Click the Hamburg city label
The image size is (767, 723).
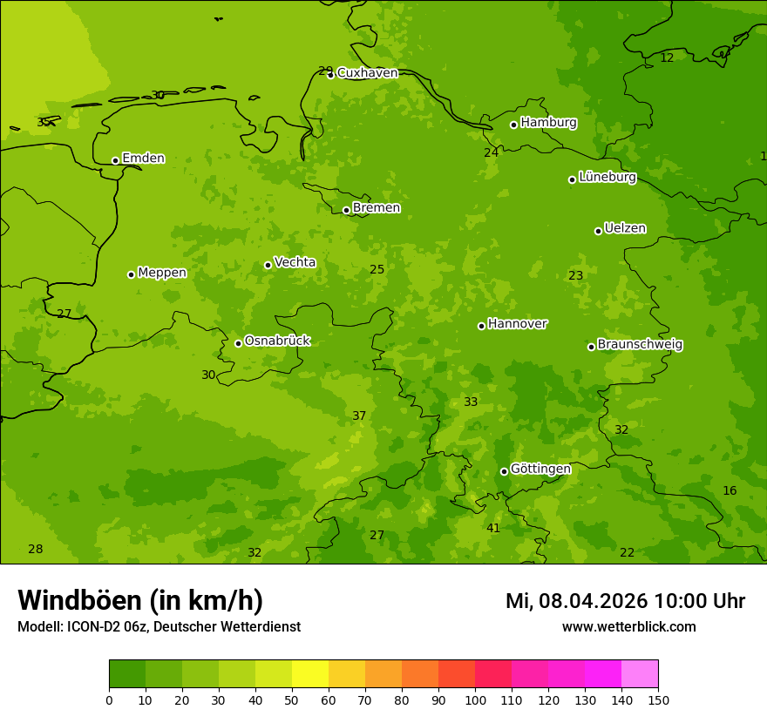tap(548, 123)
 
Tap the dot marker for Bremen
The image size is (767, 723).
tap(346, 210)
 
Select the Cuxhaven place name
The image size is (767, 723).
tap(367, 73)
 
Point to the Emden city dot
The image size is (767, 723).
tap(115, 160)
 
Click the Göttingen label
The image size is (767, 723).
tap(540, 469)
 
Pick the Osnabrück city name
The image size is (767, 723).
tap(277, 341)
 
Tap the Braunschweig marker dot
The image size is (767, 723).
tap(591, 347)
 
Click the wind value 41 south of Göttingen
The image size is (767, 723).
tap(493, 529)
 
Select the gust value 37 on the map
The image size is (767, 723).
tap(359, 416)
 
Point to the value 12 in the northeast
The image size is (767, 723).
tap(667, 58)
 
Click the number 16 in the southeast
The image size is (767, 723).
tap(730, 491)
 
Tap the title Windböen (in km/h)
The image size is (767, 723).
tap(140, 600)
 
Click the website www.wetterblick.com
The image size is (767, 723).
tap(628, 627)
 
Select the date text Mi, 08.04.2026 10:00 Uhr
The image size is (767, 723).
tap(625, 601)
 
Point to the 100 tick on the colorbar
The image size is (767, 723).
tap(475, 699)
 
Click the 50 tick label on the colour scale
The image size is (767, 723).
tap(292, 699)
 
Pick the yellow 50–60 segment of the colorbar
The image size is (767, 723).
tap(310, 673)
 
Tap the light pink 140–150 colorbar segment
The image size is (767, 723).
tap(640, 673)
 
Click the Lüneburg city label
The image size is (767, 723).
tap(607, 177)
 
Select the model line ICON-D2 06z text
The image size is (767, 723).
tap(159, 627)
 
